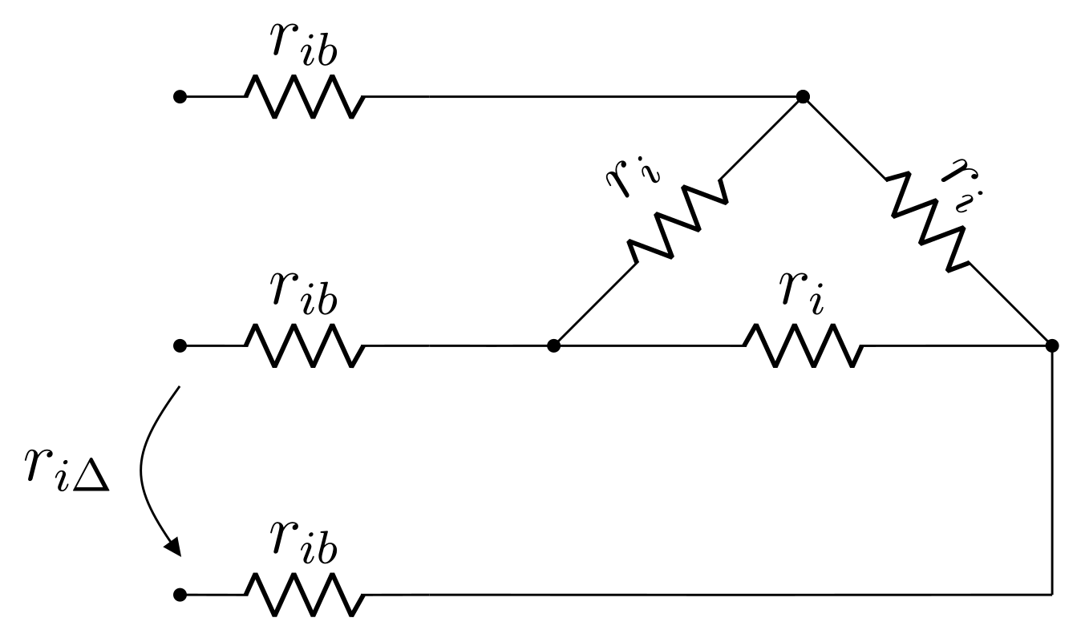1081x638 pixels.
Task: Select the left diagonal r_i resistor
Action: point(678,220)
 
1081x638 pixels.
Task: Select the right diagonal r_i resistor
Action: point(927,220)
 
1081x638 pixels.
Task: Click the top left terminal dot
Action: point(180,97)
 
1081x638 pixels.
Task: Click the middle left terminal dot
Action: point(180,345)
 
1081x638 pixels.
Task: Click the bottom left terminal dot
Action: point(180,595)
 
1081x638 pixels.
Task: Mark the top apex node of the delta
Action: point(803,97)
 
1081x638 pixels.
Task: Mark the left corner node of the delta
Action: point(553,345)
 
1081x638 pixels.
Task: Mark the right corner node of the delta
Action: point(1052,345)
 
